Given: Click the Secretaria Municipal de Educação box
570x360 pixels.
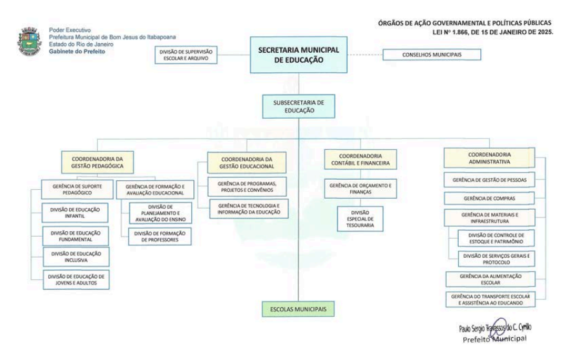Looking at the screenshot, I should point(299,56).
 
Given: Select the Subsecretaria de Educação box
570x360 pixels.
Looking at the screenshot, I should point(299,106).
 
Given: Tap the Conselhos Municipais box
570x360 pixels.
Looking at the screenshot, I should point(431,55).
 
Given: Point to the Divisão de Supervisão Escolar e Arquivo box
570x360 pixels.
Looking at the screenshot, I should point(186,55).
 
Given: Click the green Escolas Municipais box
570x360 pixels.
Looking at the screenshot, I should point(299,309).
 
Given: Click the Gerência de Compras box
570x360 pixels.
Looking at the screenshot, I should point(489,198).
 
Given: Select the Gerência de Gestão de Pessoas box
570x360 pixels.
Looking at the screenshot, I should point(489,180).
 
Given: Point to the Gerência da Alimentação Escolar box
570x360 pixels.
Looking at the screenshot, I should point(489,279).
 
